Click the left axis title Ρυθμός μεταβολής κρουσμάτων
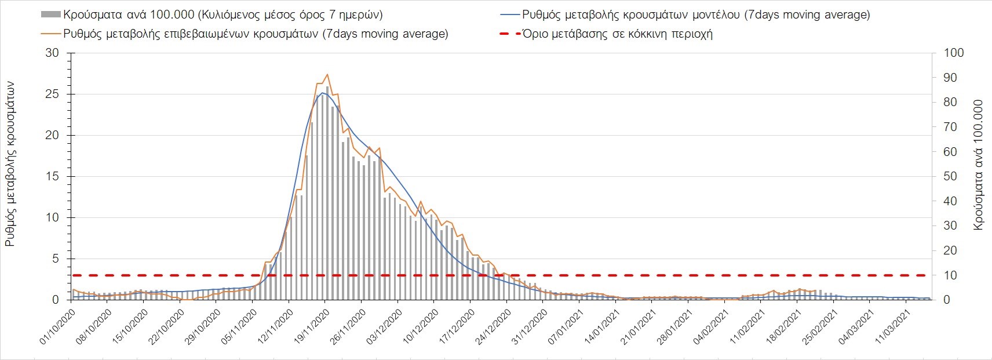pyautogui.click(x=10, y=164)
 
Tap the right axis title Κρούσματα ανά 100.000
pyautogui.click(x=979, y=165)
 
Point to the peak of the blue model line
pyautogui.click(x=322, y=93)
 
